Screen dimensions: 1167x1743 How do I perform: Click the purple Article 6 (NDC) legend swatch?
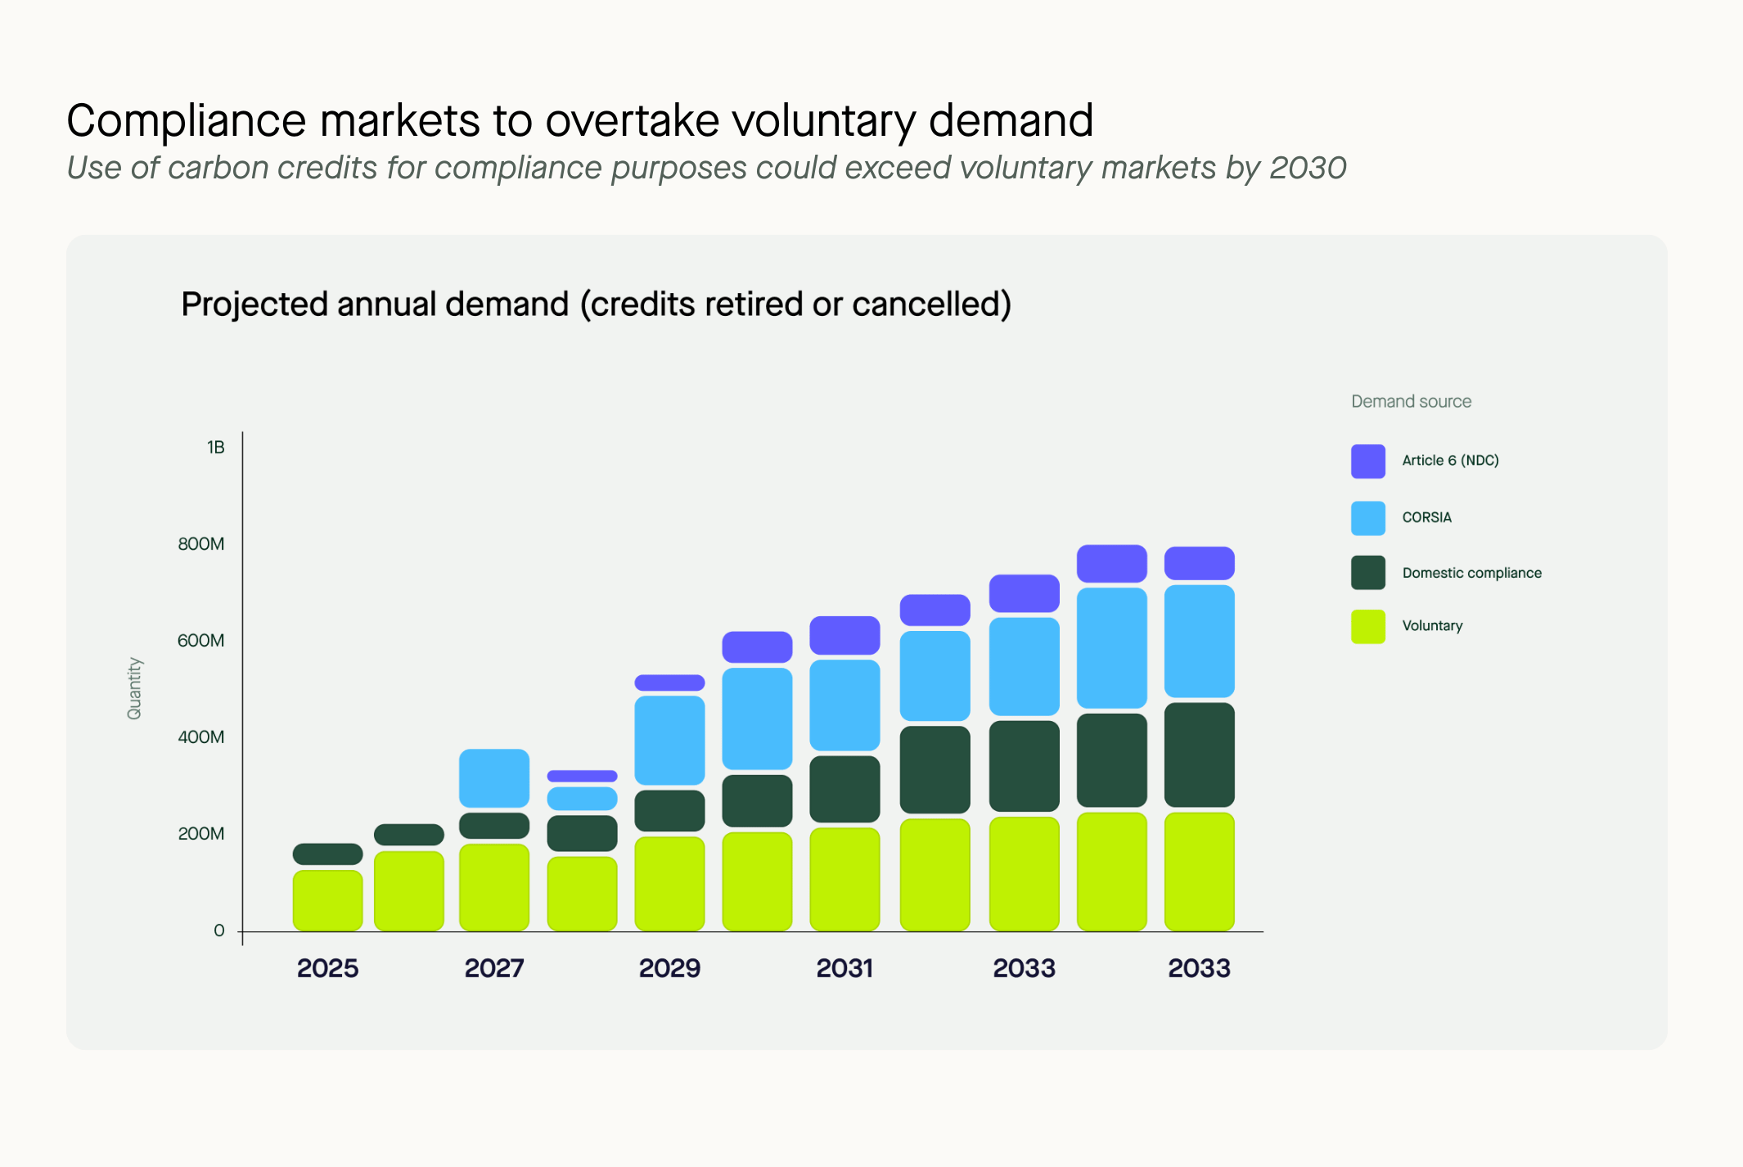[1367, 461]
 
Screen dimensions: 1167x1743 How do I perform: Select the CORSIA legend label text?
[1426, 517]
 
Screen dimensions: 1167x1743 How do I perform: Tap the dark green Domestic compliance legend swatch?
[1367, 573]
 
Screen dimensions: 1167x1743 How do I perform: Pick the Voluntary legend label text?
[1432, 626]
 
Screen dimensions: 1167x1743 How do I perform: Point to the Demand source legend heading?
[1411, 401]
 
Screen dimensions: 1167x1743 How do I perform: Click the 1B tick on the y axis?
[215, 448]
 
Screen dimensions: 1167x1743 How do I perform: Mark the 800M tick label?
[201, 544]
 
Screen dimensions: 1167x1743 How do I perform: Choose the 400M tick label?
[201, 737]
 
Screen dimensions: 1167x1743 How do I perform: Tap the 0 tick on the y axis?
[219, 930]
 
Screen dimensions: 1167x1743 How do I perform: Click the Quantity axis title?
[134, 688]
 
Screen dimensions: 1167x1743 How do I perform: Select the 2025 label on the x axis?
[327, 968]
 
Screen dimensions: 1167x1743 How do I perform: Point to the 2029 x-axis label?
[669, 968]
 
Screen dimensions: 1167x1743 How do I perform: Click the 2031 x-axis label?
[844, 968]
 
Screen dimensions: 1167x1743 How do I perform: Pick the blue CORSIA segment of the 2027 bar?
[494, 778]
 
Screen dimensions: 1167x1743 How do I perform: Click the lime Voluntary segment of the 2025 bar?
[327, 900]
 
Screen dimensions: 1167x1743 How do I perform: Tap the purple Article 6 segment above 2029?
[669, 683]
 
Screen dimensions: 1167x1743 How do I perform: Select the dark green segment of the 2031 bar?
[844, 789]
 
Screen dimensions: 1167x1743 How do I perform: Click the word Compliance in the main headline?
[186, 121]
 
